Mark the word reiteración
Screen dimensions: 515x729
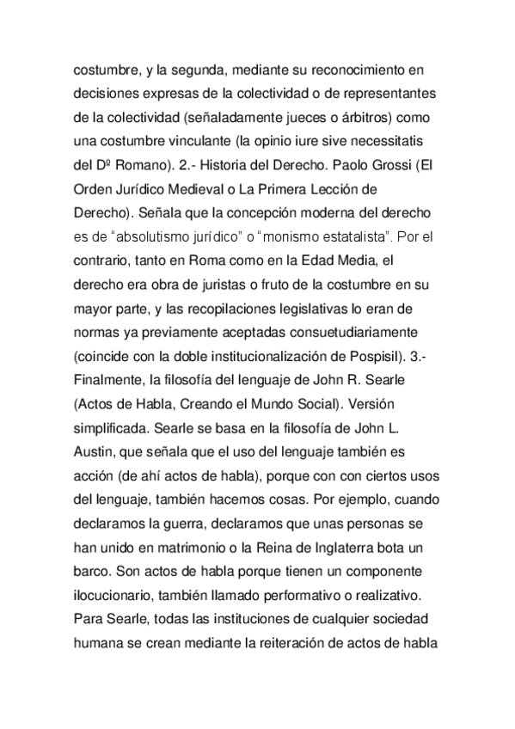click(303, 643)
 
